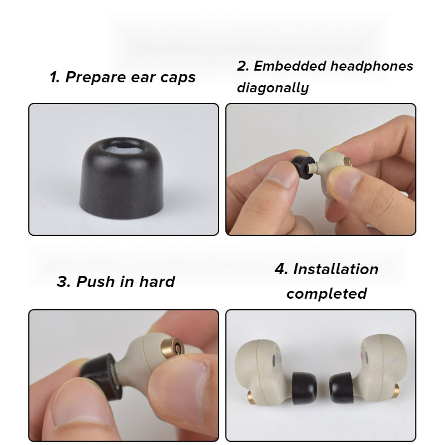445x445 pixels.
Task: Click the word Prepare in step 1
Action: [95, 77]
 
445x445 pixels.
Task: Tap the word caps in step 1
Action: [178, 78]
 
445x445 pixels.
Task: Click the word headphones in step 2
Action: [372, 66]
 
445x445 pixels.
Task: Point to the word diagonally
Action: [273, 87]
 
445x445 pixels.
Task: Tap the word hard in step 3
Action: [157, 282]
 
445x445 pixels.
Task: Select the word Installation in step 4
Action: [335, 269]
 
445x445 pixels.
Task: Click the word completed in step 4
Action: [327, 294]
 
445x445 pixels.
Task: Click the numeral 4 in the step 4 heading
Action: [280, 269]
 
